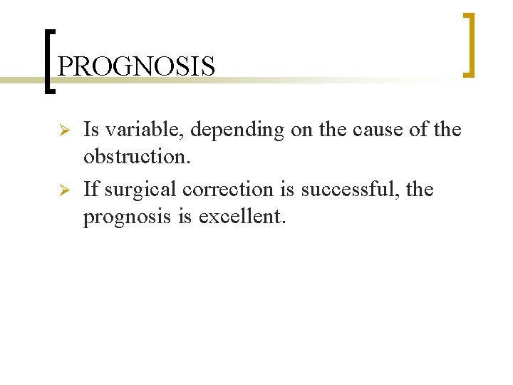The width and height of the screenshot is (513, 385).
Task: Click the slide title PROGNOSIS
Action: [x=136, y=66]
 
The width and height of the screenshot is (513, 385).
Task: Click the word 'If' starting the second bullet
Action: [x=91, y=189]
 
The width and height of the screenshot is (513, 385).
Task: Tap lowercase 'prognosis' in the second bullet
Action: [x=132, y=216]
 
